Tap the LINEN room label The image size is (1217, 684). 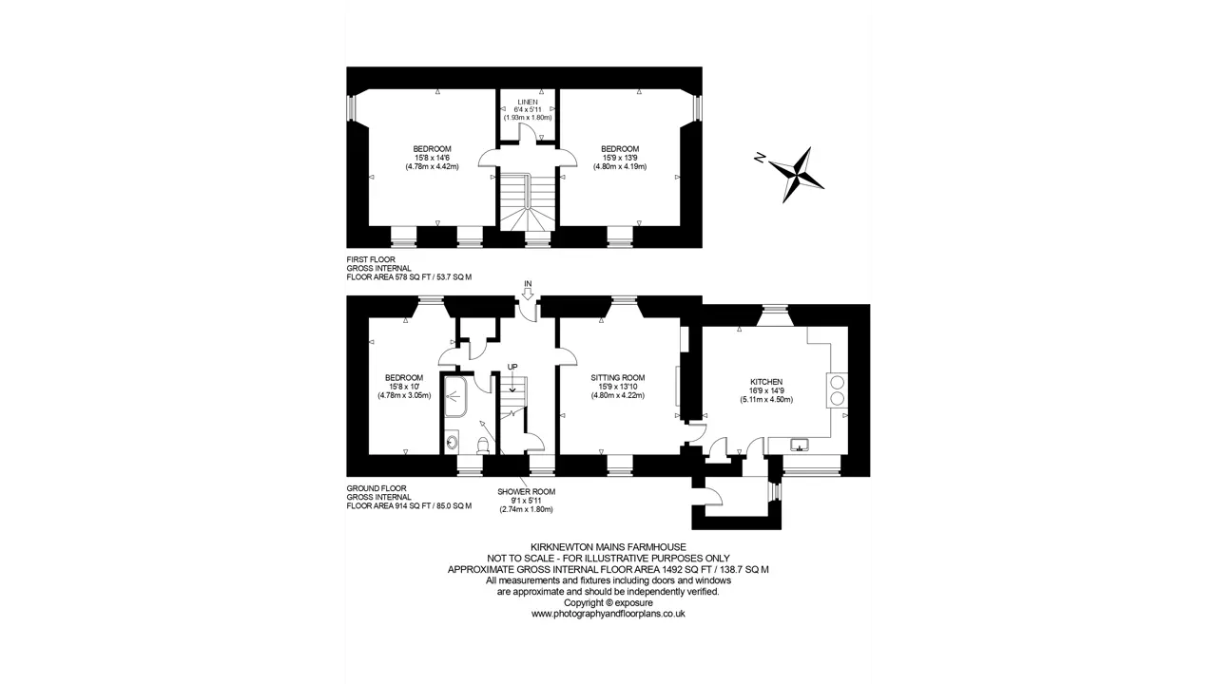(528, 102)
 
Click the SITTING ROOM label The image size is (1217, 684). (618, 378)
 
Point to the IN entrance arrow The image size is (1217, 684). (528, 294)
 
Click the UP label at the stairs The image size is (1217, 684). (512, 367)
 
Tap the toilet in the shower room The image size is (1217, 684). (482, 446)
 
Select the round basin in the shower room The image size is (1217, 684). (452, 443)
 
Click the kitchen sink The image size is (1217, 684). (800, 445)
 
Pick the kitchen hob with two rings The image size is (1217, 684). (838, 390)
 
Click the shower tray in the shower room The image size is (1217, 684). (455, 397)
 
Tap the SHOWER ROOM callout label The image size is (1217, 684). (526, 492)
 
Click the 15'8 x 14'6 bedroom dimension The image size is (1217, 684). (432, 158)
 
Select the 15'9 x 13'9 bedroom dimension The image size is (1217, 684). (620, 158)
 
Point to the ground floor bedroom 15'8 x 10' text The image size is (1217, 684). (404, 387)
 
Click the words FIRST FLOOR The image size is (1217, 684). (371, 259)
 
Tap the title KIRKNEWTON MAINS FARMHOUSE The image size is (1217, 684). (608, 547)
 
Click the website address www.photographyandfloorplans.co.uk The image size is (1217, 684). (608, 614)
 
